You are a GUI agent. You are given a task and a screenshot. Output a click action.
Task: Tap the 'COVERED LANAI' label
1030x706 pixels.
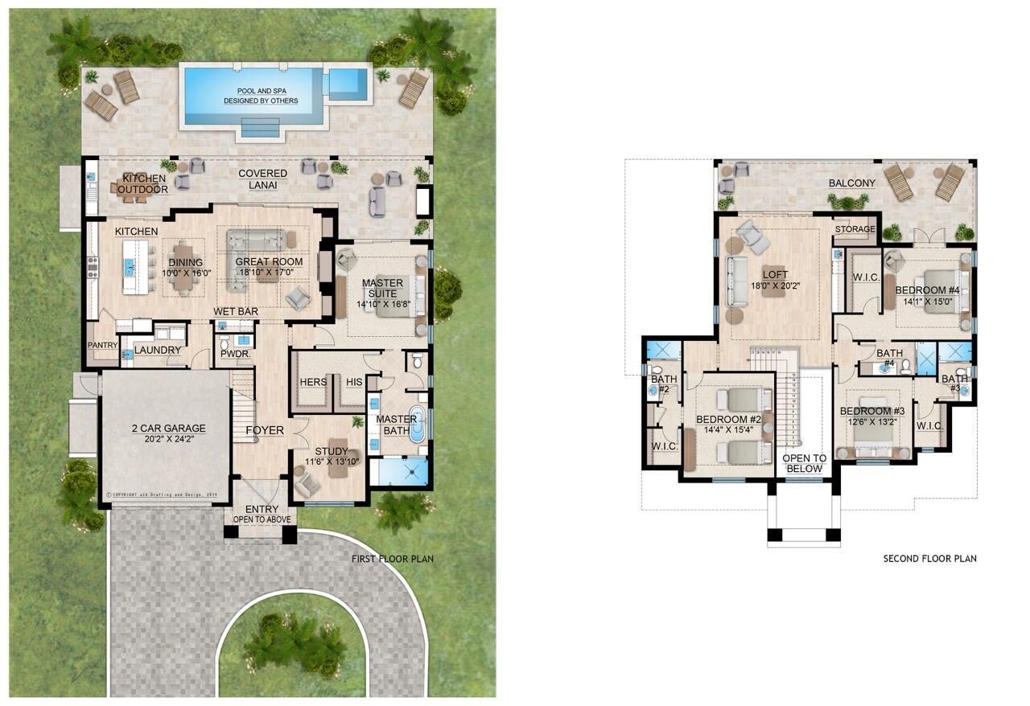[x=262, y=179]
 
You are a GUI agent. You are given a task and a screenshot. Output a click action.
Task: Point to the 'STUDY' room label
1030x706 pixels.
[x=332, y=451]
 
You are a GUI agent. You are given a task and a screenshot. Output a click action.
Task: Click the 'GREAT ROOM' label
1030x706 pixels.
[x=269, y=262]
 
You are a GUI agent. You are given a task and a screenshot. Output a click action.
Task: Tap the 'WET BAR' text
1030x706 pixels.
[x=235, y=311]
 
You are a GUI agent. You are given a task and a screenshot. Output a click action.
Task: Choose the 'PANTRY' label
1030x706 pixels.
[x=103, y=346]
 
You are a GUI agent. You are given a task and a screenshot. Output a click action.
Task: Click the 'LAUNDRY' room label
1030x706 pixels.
[x=158, y=351]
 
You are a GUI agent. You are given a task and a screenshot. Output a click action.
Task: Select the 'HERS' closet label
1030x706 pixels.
[x=312, y=382]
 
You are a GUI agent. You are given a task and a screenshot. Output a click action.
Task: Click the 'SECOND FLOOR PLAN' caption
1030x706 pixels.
[x=929, y=559]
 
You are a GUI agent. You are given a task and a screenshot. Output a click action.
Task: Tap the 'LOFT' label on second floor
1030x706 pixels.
[x=775, y=274]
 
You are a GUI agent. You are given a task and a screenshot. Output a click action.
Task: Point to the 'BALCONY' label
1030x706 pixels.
[x=852, y=183]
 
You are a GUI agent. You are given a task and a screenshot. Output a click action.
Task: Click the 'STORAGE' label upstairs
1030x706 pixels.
[x=854, y=230]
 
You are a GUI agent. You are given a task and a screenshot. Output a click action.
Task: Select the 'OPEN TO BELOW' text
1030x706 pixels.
[x=804, y=463]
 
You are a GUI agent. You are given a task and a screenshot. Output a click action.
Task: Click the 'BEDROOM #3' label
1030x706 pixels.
[x=867, y=412]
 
